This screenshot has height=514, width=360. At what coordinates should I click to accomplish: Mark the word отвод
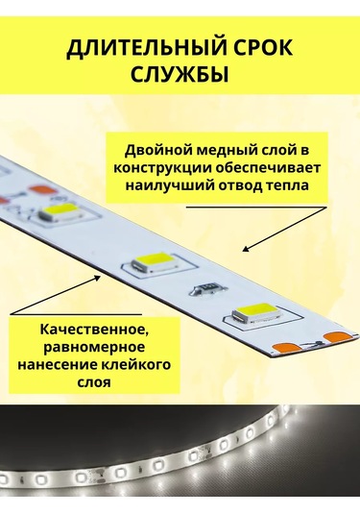(238, 186)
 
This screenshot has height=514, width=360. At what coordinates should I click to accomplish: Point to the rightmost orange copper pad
(336, 335)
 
